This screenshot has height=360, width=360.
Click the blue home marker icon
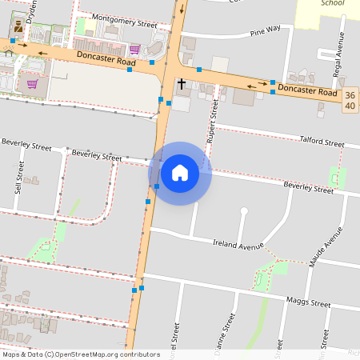(180, 173)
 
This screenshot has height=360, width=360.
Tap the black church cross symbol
(182, 82)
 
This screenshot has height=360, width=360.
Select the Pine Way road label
(265, 32)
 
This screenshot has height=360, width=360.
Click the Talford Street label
(321, 141)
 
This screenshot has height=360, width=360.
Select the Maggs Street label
(307, 303)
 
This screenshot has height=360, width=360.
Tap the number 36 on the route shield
(350, 96)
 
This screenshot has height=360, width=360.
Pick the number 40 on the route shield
(350, 106)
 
